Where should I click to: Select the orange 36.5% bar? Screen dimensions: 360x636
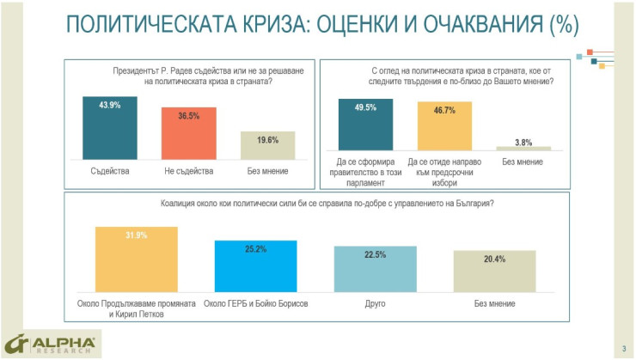pyautogui.click(x=189, y=133)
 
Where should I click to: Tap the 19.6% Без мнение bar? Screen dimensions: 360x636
pyautogui.click(x=267, y=144)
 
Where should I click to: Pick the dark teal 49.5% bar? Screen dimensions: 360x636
pyautogui.click(x=365, y=125)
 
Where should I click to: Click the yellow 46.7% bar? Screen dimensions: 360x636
pyautogui.click(x=445, y=126)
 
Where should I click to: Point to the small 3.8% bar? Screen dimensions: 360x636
pyautogui.click(x=523, y=149)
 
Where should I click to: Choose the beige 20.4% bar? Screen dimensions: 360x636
pyautogui.click(x=494, y=272)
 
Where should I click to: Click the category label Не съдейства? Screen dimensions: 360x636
pyautogui.click(x=189, y=171)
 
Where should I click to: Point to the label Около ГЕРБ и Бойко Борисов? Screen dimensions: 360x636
pyautogui.click(x=255, y=304)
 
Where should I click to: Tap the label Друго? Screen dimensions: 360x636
pyautogui.click(x=375, y=304)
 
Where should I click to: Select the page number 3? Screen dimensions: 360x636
pyautogui.click(x=623, y=348)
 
